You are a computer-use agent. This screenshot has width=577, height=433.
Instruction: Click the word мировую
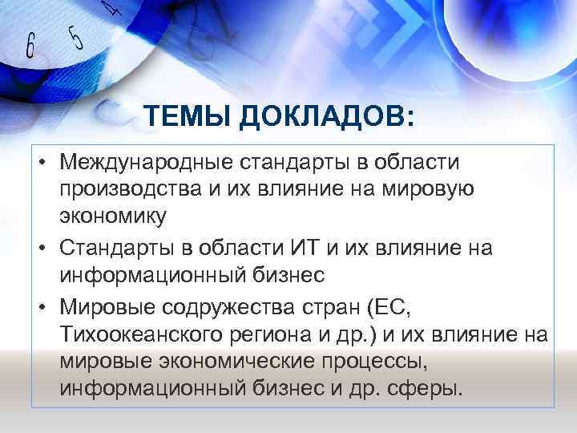pos(434,190)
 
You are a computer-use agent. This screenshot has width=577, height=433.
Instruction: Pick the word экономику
pos(113,216)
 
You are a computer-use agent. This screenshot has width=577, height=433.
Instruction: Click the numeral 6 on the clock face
pos(30,45)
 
